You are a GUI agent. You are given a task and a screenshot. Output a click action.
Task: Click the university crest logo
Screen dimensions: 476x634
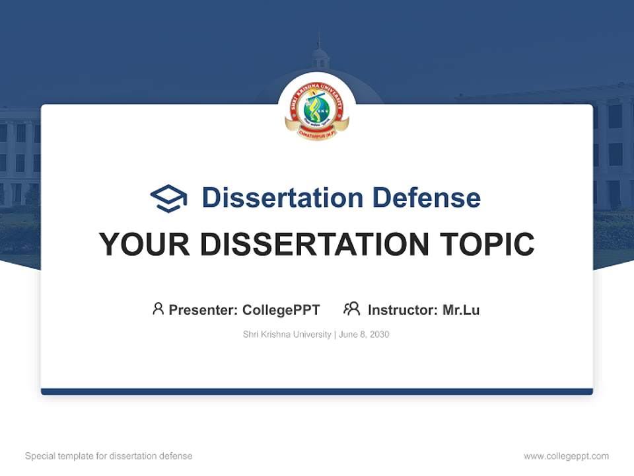[x=317, y=109]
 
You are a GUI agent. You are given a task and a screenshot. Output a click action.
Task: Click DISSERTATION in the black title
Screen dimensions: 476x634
[x=314, y=245]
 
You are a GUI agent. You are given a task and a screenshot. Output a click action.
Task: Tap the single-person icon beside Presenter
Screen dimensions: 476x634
[x=158, y=309]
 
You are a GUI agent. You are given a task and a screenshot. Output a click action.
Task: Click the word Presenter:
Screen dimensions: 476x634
[x=203, y=310]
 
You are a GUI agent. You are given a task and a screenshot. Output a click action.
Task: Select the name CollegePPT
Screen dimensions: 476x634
[x=281, y=310]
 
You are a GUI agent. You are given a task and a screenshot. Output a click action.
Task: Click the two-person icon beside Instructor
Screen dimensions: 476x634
[x=351, y=309]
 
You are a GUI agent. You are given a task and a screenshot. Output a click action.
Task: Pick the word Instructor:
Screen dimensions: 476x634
[x=403, y=310]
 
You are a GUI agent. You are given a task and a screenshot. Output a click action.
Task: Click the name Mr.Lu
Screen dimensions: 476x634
[x=461, y=310]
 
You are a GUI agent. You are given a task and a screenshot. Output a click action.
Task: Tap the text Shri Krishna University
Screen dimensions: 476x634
[x=287, y=335]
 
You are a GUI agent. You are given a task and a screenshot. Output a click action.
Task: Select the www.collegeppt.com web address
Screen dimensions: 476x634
[x=566, y=456]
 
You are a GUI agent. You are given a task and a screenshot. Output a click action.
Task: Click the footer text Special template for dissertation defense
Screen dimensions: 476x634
[x=109, y=456]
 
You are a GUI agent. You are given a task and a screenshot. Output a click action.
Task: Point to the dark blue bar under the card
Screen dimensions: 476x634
[x=317, y=391]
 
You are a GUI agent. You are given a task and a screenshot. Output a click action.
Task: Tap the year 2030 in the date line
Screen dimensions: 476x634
[x=380, y=335]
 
